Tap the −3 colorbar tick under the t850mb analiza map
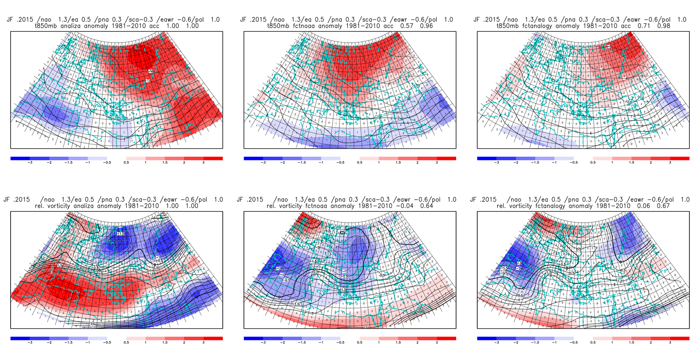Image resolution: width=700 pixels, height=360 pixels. click(x=30, y=163)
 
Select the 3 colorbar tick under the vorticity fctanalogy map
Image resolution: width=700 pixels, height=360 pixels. click(x=670, y=343)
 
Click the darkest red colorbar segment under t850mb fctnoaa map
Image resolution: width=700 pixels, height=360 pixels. click(x=446, y=159)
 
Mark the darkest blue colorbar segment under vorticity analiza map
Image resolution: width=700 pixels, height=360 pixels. click(x=20, y=339)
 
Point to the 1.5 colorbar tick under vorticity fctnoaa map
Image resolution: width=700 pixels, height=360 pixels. click(x=398, y=343)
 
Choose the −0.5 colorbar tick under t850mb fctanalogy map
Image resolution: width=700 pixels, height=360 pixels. click(x=573, y=163)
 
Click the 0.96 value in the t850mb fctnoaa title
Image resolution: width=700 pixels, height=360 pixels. click(x=426, y=26)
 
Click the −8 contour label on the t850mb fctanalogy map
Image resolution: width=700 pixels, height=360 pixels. click(x=609, y=47)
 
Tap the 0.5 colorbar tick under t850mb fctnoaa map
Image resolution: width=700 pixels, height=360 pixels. click(x=359, y=163)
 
